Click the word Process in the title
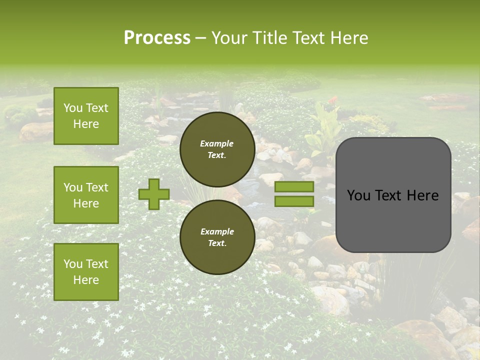click(157, 38)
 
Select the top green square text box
click(86, 116)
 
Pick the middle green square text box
click(86, 195)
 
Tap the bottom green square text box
click(86, 271)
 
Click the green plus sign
click(153, 194)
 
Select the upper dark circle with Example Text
click(217, 149)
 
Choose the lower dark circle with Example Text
click(217, 237)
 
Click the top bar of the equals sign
click(294, 187)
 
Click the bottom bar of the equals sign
click(294, 201)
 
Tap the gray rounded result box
click(393, 194)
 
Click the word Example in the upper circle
click(217, 143)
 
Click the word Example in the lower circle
click(217, 231)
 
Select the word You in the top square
click(73, 108)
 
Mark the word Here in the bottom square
click(86, 280)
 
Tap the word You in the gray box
click(358, 195)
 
